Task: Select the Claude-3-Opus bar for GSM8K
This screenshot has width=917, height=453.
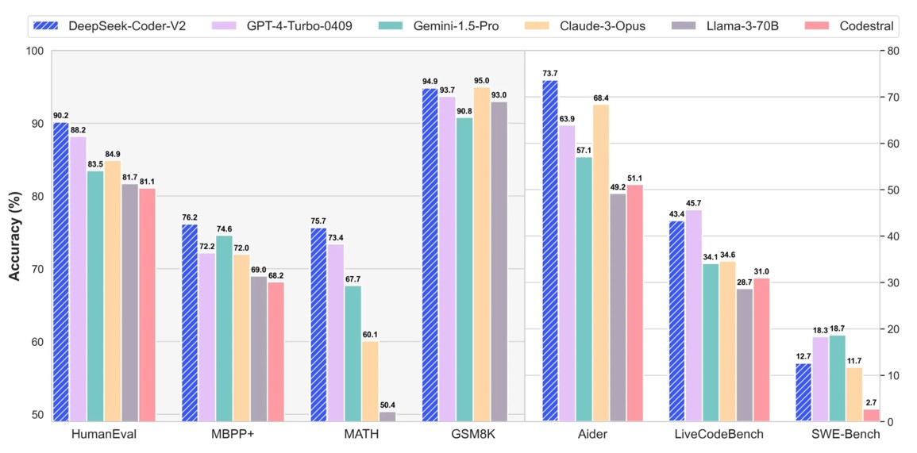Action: pyautogui.click(x=482, y=254)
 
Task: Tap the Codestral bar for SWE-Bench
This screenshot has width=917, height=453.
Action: pyautogui.click(x=872, y=415)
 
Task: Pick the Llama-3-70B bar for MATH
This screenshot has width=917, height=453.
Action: pyautogui.click(x=387, y=417)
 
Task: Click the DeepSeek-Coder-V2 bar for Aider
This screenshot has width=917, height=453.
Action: pyautogui.click(x=550, y=251)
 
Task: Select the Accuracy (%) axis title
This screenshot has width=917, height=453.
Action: pyautogui.click(x=14, y=236)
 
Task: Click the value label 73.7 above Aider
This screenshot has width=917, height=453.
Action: pyautogui.click(x=550, y=74)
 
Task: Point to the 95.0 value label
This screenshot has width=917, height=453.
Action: pyautogui.click(x=482, y=81)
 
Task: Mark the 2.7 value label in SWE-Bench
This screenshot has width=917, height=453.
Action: pyautogui.click(x=872, y=403)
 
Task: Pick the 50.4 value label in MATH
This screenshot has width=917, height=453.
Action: pyautogui.click(x=387, y=405)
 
